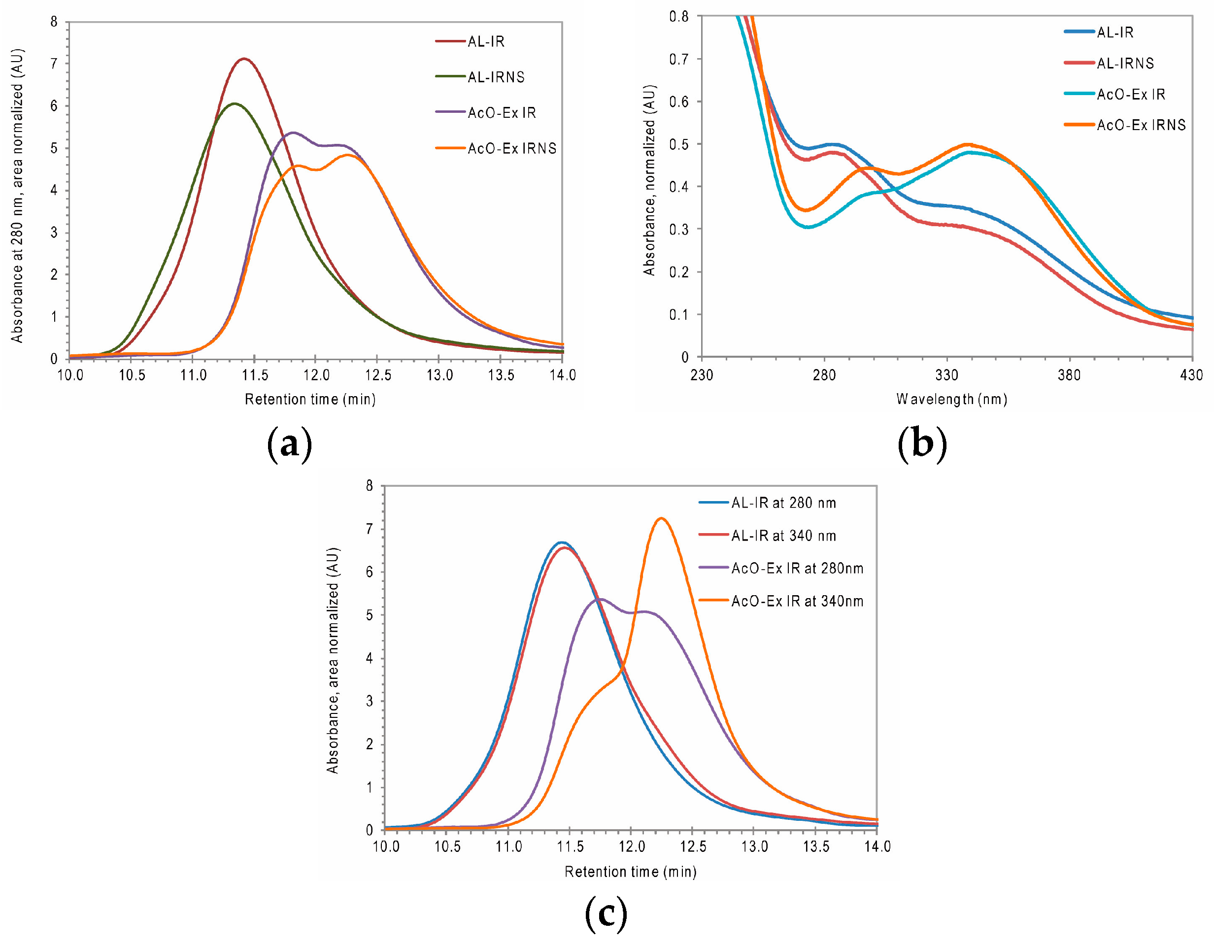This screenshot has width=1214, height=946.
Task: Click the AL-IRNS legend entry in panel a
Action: (x=495, y=77)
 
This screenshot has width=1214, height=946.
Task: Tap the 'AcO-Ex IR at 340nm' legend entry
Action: (x=797, y=601)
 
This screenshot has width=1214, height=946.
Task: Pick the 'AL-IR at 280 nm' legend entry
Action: (x=783, y=503)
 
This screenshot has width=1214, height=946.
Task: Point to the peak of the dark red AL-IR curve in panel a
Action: (x=244, y=58)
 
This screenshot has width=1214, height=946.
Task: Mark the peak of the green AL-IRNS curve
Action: (x=235, y=103)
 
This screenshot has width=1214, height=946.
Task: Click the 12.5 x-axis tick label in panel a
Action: (x=378, y=375)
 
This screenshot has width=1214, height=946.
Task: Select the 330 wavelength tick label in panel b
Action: (x=946, y=375)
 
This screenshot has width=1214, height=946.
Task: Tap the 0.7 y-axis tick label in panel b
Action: (x=679, y=59)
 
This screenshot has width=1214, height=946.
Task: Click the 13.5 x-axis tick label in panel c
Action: (x=816, y=846)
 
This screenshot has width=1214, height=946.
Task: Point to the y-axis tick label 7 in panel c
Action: (x=370, y=529)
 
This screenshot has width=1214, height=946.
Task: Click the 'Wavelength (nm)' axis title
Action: (x=951, y=399)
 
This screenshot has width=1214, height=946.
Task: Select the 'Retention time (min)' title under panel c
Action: (x=630, y=872)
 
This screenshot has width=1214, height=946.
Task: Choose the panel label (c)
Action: (x=606, y=913)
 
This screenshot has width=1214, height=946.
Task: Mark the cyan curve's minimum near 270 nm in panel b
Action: (x=808, y=227)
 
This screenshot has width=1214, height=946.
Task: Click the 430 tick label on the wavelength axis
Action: (x=1191, y=375)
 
